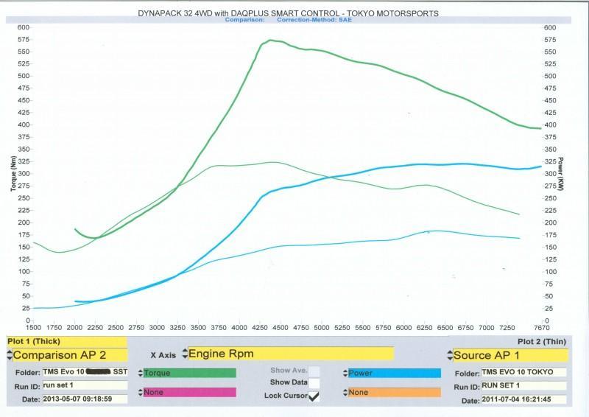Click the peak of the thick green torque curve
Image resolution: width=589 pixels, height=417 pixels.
point(271,41)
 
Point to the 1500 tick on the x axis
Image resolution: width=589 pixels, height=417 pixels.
point(33,326)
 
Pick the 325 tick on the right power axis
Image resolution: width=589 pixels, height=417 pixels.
point(551,161)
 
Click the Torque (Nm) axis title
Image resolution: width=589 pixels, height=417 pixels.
point(13,174)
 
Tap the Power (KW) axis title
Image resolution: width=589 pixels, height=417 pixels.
point(561,174)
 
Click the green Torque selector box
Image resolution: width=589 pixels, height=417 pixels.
point(190,373)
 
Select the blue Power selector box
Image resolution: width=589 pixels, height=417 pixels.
point(394,373)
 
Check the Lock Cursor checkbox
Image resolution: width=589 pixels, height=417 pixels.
point(314,396)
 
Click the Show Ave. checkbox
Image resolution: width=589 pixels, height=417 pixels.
point(314,371)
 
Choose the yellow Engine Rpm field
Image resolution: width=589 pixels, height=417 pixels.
point(291,354)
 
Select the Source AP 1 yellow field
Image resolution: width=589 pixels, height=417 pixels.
point(510,355)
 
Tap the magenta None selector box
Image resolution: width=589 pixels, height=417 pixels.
point(190,392)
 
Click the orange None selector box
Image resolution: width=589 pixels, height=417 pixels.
point(394,392)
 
